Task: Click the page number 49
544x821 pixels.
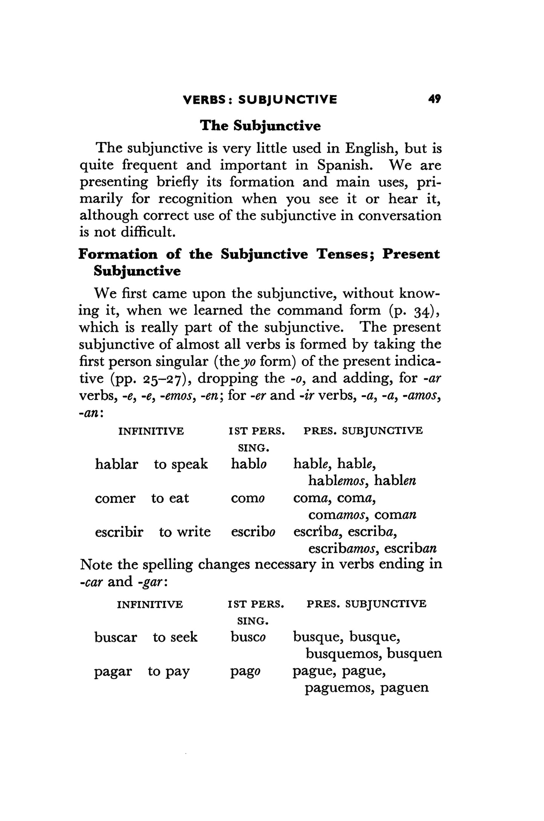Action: (434, 99)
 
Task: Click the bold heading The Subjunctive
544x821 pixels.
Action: (260, 125)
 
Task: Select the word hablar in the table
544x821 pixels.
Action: (116, 464)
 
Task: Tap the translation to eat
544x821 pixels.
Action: (170, 498)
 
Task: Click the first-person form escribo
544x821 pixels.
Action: (253, 532)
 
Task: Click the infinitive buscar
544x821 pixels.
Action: (116, 637)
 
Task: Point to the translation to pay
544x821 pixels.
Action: (169, 671)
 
